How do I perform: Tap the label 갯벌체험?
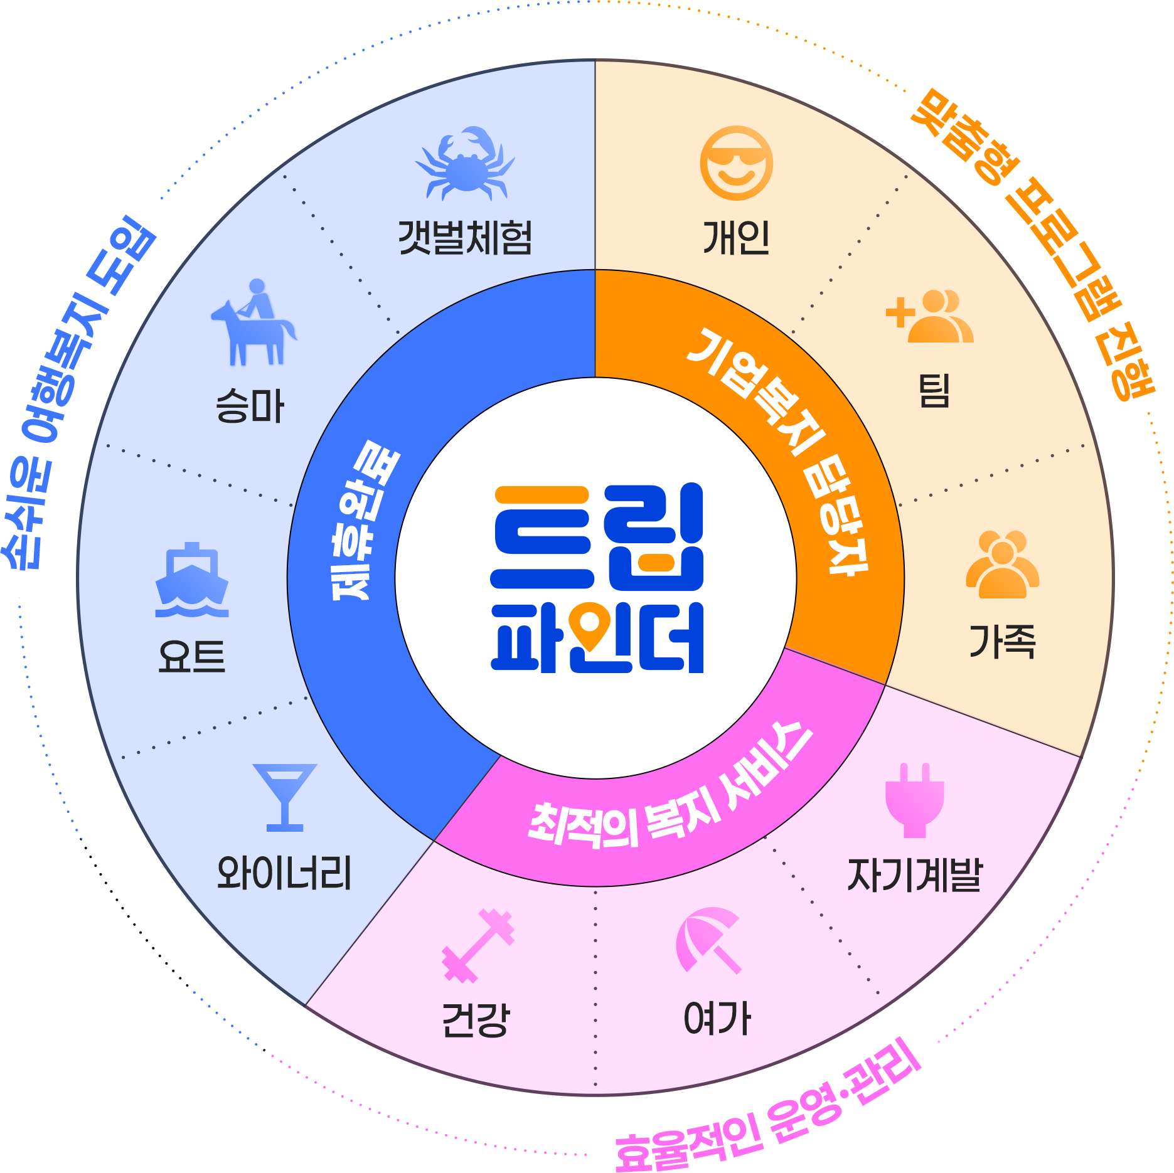[466, 238]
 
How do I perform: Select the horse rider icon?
[253, 322]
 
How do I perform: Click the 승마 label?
[250, 406]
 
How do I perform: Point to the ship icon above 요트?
[192, 580]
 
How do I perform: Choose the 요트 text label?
[192, 657]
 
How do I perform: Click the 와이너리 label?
[284, 873]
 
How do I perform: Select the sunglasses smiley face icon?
[737, 163]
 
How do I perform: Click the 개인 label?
[737, 238]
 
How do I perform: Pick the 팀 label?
[934, 391]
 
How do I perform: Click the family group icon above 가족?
[1002, 565]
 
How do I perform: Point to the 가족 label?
[1002, 641]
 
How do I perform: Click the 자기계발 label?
[914, 874]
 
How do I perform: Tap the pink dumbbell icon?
[478, 945]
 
